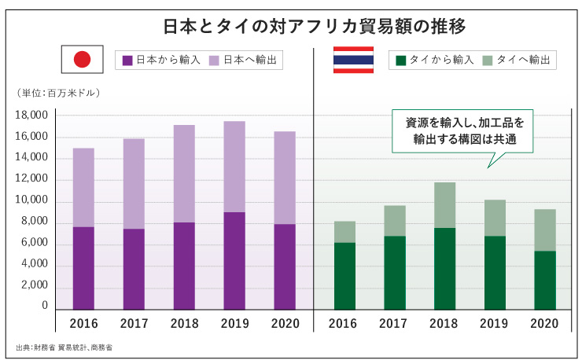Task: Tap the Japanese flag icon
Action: click(x=83, y=60)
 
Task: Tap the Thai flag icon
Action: click(x=353, y=60)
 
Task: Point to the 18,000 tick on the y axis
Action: click(x=31, y=116)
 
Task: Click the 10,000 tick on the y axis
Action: click(x=31, y=201)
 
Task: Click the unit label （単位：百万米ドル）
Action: click(x=58, y=94)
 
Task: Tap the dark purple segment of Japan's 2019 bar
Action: click(x=234, y=260)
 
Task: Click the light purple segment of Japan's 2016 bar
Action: click(x=83, y=187)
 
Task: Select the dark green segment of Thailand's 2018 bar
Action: click(x=444, y=268)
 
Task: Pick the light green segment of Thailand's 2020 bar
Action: click(x=544, y=230)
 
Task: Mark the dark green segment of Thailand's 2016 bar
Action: click(x=344, y=275)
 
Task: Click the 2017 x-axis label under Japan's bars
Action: click(x=134, y=323)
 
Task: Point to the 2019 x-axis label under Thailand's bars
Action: click(x=495, y=323)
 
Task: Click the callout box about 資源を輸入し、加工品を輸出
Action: click(x=463, y=130)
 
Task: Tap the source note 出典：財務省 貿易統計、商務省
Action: click(x=64, y=347)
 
